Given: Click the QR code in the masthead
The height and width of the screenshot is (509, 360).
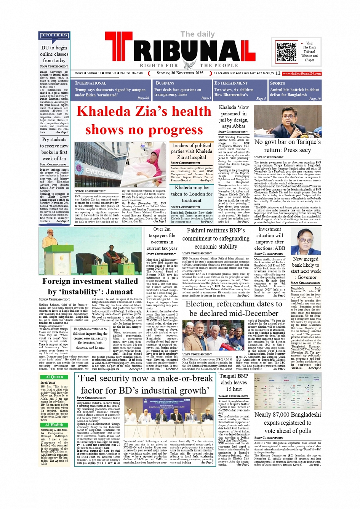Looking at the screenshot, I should tap(286, 52).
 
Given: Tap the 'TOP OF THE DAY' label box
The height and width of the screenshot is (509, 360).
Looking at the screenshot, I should tap(54, 35).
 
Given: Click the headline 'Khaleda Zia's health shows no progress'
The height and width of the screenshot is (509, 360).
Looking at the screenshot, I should tap(144, 120).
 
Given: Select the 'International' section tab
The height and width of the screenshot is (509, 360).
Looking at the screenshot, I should tap(91, 83).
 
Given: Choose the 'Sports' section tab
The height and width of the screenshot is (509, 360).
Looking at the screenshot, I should tap(277, 83).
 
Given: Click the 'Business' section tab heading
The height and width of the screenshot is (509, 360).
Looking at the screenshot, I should tap(165, 83).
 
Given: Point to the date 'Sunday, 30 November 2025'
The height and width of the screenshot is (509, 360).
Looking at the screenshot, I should tap(180, 73).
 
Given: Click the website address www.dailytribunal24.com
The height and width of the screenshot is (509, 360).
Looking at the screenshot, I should tap(302, 74).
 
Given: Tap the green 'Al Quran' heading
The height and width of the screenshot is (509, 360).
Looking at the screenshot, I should tap(54, 377).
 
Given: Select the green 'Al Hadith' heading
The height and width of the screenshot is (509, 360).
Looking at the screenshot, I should tap(54, 425).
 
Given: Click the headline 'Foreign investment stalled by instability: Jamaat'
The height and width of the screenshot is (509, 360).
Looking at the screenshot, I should tap(90, 287).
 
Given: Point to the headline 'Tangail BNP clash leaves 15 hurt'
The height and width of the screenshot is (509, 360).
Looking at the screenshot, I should tap(234, 382).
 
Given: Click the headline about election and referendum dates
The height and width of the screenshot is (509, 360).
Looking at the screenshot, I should tap(234, 309).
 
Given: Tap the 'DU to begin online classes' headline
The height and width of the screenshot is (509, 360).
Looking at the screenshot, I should tap(54, 54).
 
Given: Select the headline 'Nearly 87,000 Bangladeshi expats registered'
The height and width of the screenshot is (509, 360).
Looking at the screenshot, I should tap(288, 423).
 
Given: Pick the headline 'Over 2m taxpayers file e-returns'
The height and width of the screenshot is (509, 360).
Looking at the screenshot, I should tap(162, 238).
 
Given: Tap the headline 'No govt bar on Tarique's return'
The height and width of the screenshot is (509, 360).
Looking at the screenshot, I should tap(288, 146).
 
